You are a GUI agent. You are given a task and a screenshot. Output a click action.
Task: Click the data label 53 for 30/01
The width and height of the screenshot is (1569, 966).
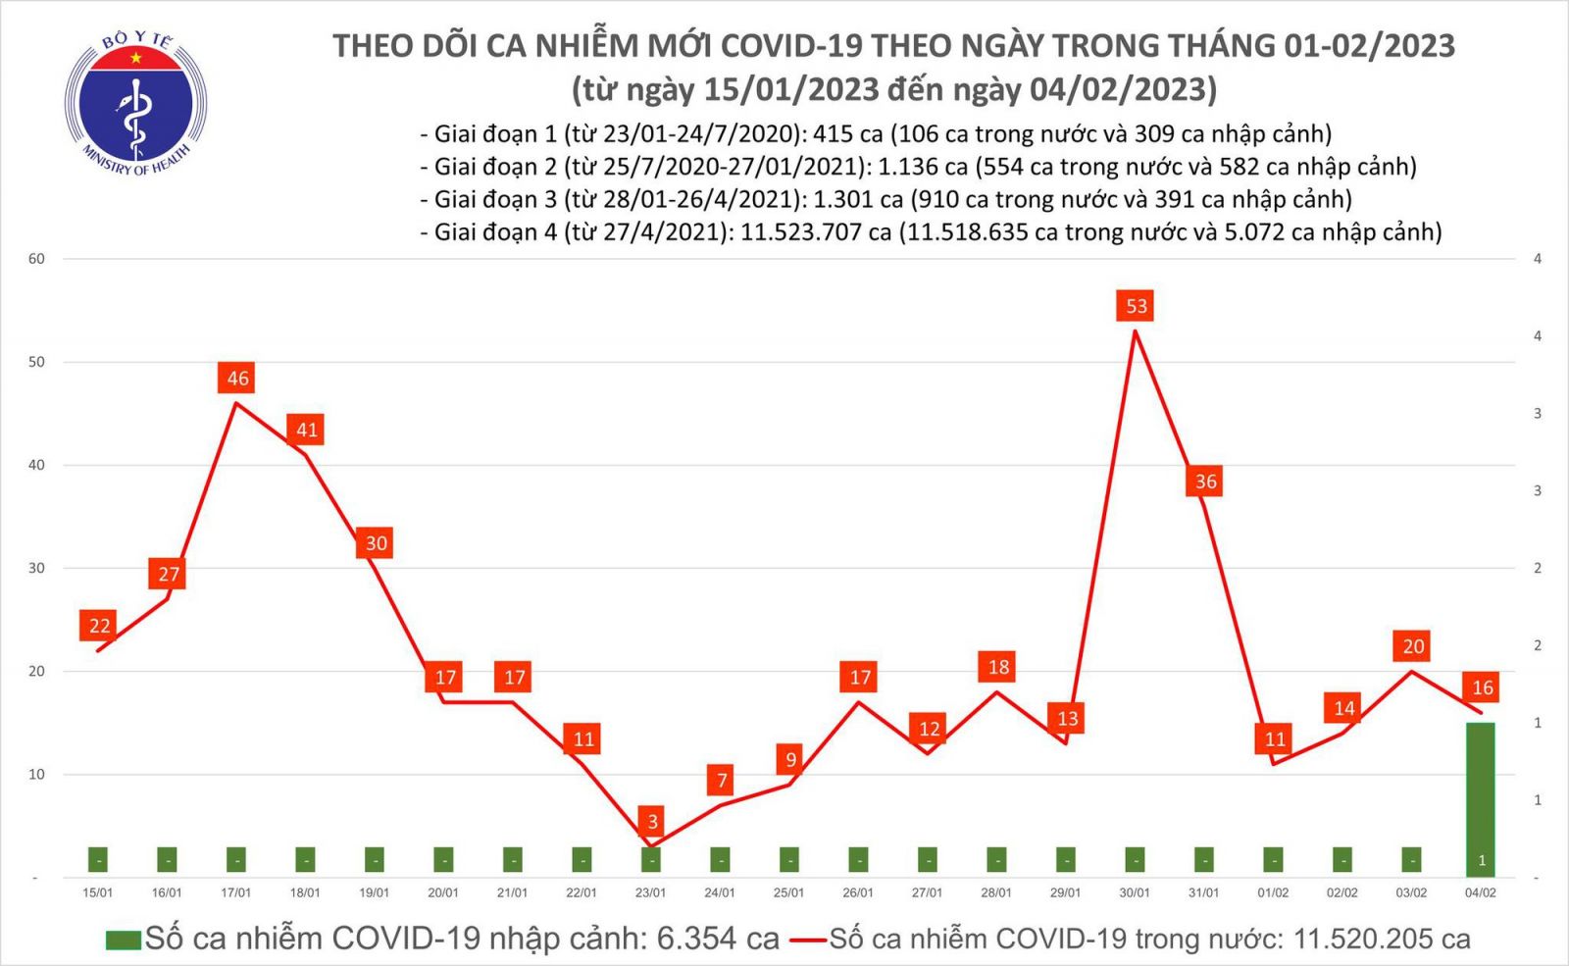coord(1136,306)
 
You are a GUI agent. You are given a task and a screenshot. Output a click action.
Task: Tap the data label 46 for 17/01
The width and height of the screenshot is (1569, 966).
coord(237,378)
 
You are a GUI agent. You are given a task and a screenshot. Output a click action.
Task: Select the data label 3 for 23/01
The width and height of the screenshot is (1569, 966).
coord(652,821)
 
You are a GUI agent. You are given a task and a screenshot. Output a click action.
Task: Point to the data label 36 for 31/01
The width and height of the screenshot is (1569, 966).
coord(1205,481)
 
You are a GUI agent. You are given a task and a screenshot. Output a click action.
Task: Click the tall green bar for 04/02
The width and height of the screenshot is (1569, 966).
coord(1480,798)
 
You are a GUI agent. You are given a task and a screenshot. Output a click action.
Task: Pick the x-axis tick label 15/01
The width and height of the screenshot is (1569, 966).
coord(98,892)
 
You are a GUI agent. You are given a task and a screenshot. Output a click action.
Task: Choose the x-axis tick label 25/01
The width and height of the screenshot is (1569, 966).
coord(788,892)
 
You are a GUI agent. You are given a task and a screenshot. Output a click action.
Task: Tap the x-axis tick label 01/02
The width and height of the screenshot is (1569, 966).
coord(1273,892)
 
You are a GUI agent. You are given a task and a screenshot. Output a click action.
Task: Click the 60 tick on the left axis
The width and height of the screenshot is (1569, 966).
coord(37,259)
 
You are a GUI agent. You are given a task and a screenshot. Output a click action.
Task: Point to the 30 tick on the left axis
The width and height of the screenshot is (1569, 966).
coord(37,568)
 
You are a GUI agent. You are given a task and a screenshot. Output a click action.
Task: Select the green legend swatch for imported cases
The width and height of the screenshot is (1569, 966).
coord(124,940)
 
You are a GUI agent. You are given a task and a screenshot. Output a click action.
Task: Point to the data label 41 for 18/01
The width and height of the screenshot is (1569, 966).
coord(306,430)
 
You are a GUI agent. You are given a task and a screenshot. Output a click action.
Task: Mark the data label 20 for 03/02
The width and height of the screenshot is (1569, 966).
coord(1412,645)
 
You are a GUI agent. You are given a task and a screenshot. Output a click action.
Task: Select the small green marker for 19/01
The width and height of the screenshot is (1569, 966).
coord(374,860)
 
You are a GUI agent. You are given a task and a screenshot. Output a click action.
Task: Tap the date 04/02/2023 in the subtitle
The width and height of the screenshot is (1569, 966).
coord(1122,90)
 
